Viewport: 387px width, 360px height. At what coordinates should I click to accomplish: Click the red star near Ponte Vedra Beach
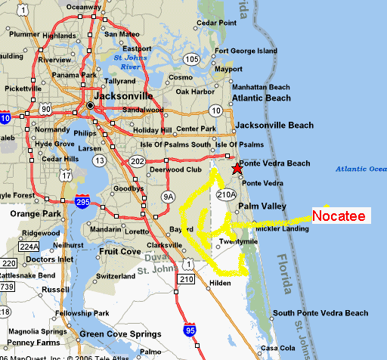(x=237, y=169)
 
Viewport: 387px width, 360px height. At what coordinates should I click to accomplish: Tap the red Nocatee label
(x=339, y=216)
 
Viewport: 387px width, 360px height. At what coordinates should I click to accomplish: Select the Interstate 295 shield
(x=84, y=202)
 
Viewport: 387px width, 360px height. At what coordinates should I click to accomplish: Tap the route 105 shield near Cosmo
(x=193, y=59)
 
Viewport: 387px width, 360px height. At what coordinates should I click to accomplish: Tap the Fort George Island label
(x=246, y=51)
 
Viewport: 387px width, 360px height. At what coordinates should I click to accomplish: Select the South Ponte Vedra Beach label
(x=320, y=313)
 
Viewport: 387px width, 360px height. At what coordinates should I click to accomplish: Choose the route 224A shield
(x=29, y=246)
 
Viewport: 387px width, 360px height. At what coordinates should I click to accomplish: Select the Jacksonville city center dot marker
(x=91, y=105)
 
